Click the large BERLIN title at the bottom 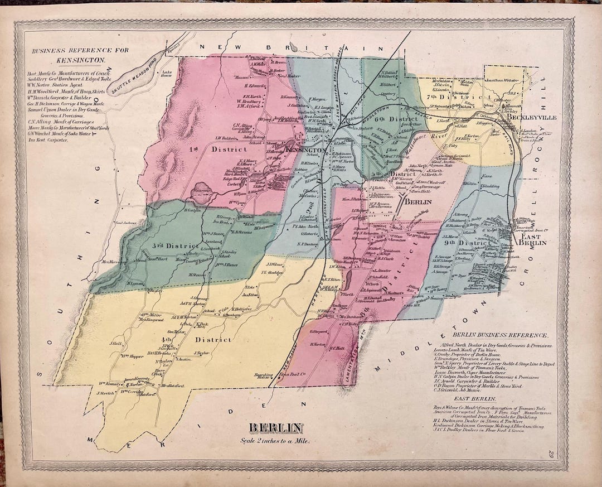(x=276, y=428)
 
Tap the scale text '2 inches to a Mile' (x=276, y=440)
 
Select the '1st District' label (x=229, y=150)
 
